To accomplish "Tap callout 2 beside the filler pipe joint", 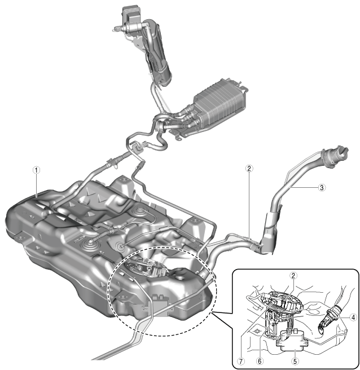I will point(248,168).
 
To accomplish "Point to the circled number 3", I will point(322,188).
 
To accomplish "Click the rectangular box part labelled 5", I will point(293,338).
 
